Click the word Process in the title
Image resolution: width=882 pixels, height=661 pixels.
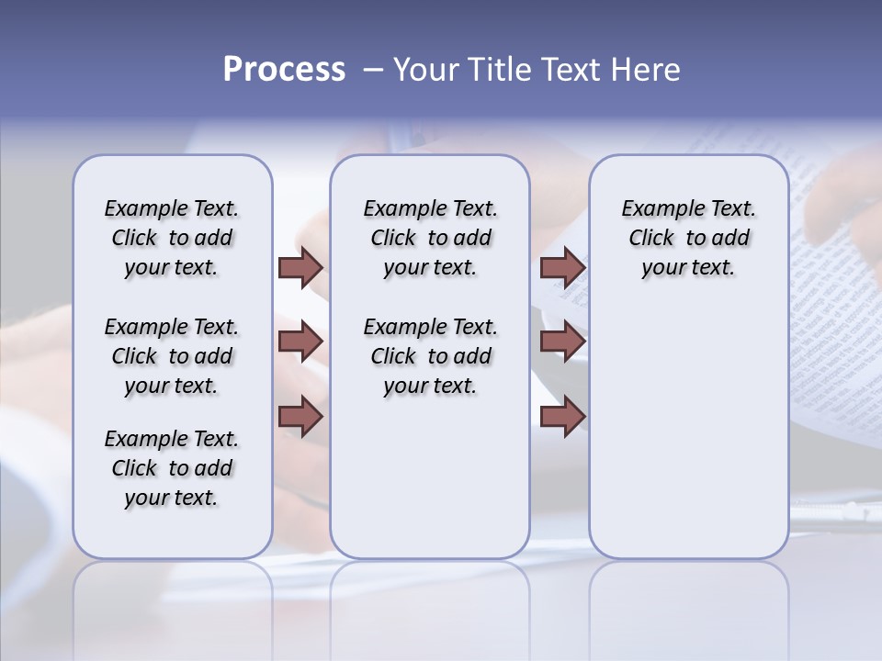[284, 70]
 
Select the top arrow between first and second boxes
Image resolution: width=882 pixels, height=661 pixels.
[300, 268]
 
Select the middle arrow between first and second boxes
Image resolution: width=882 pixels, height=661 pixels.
[300, 342]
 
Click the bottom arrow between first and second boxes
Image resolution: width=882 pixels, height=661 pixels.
[300, 416]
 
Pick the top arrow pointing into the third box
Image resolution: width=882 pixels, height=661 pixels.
[562, 268]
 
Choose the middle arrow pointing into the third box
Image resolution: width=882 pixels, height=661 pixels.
[562, 342]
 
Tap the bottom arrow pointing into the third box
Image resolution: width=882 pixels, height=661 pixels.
[562, 416]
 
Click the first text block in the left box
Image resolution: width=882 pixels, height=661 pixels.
[172, 238]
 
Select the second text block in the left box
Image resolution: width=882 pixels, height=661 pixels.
[172, 356]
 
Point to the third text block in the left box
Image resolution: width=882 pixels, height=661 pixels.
[172, 468]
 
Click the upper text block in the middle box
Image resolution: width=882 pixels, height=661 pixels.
[430, 238]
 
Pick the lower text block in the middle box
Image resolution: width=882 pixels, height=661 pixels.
[430, 356]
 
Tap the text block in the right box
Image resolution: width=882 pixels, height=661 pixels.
[688, 238]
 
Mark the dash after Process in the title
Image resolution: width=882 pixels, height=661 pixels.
[372, 70]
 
